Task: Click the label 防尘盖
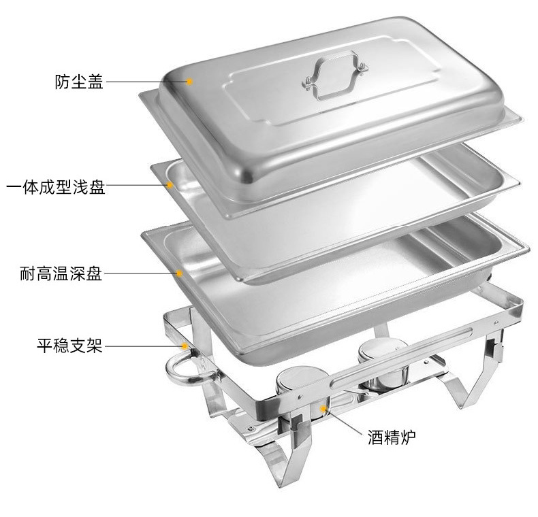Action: tap(79, 82)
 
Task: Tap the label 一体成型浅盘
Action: tap(56, 187)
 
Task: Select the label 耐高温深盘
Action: tap(61, 273)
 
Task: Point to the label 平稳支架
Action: tap(69, 346)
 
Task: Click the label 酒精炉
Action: tap(392, 437)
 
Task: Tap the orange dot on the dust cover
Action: tap(189, 82)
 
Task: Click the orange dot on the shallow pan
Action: tap(170, 185)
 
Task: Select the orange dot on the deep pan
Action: tap(179, 273)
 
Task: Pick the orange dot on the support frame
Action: tap(185, 346)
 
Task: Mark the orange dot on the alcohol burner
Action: tap(323, 408)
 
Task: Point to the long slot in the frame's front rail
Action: tap(400, 358)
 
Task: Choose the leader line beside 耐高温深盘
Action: tap(140, 273)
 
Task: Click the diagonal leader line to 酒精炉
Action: tap(343, 422)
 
